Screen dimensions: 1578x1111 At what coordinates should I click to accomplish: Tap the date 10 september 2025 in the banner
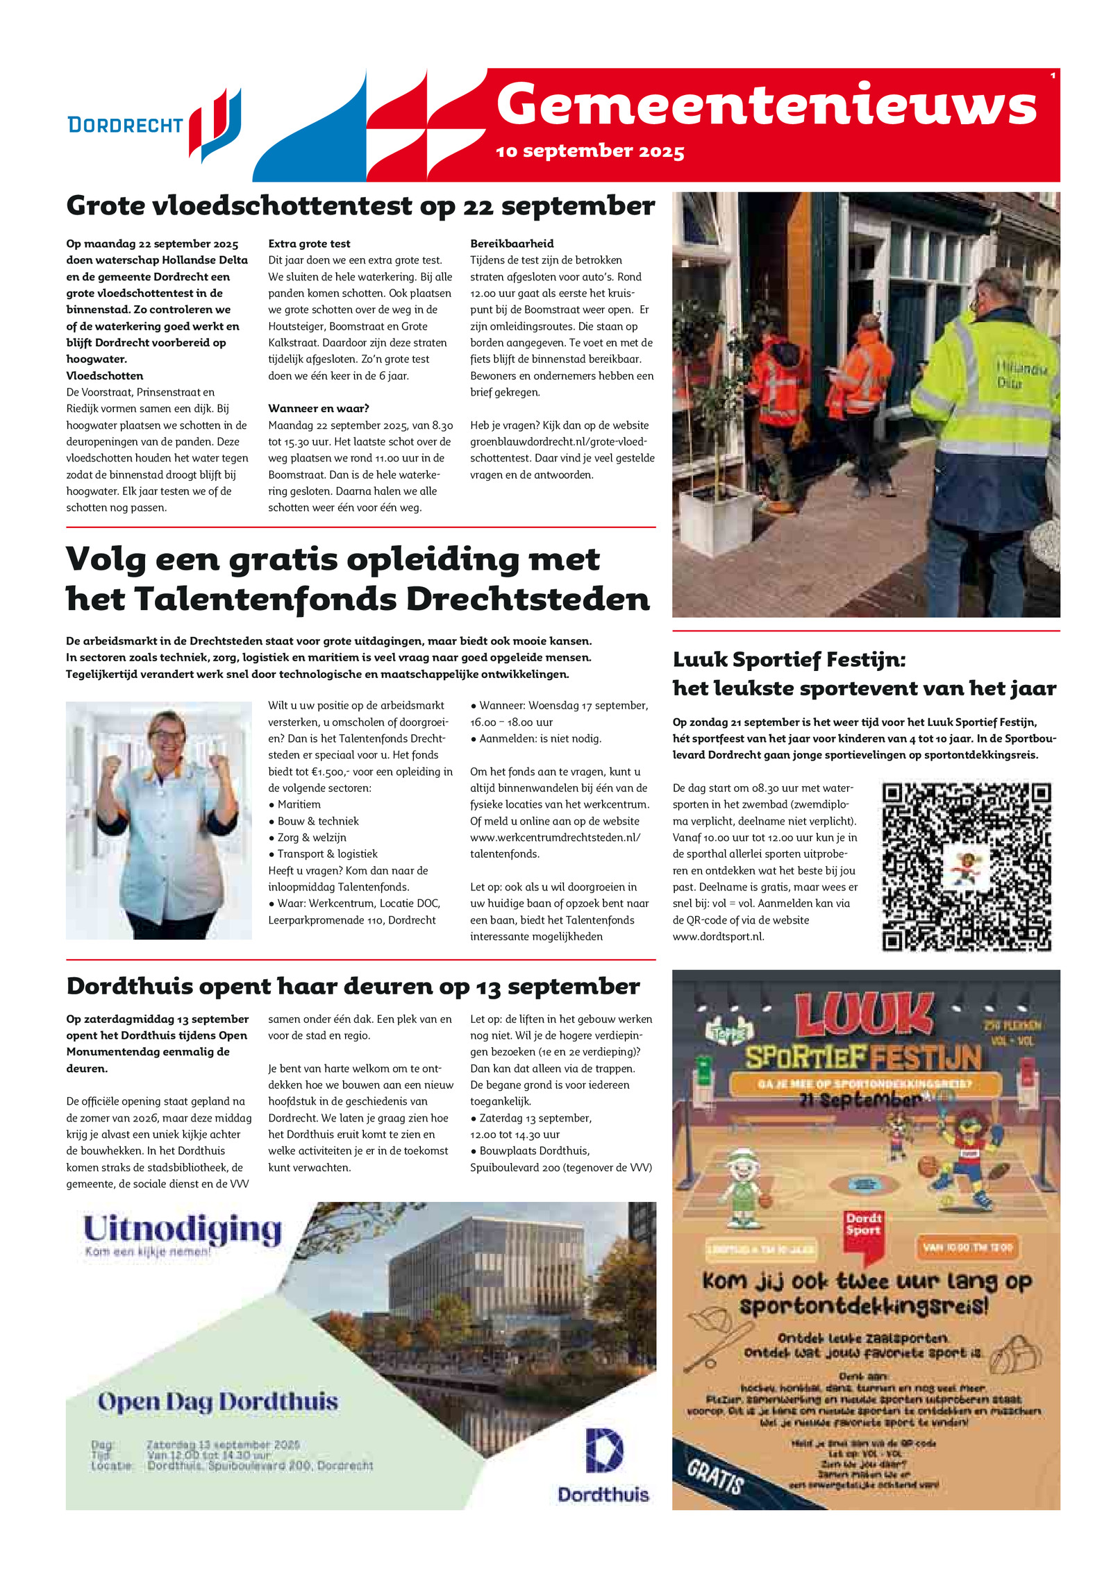pos(590,151)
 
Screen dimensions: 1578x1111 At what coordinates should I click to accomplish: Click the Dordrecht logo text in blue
pos(125,126)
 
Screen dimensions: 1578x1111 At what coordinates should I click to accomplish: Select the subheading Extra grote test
pos(309,244)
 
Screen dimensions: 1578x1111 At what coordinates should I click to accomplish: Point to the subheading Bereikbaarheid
pos(512,244)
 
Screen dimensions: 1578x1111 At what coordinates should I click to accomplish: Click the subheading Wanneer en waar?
pos(318,408)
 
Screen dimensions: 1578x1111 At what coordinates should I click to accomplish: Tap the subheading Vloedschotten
pos(105,375)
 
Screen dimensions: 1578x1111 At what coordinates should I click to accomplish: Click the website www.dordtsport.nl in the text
pos(718,936)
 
